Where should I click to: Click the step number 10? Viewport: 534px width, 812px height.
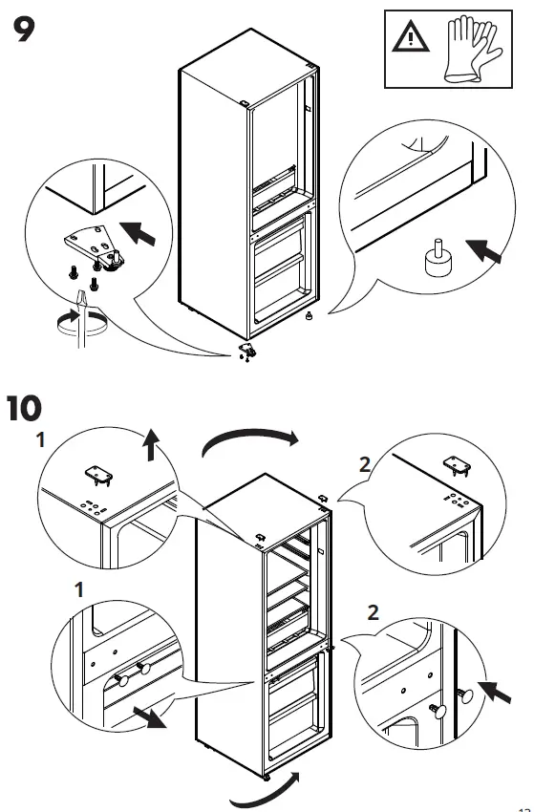click(x=35, y=409)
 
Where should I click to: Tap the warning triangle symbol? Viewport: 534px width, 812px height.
click(x=409, y=40)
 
